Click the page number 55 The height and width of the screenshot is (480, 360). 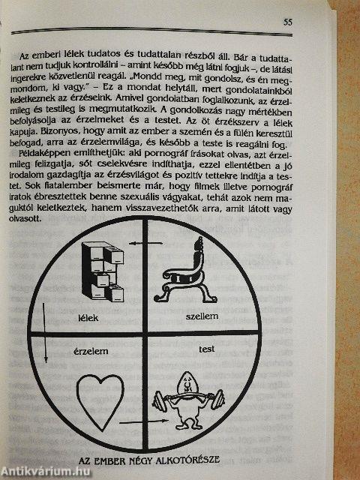coord(287,22)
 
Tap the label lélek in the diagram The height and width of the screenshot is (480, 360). coord(88,318)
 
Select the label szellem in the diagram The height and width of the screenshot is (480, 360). coord(202,316)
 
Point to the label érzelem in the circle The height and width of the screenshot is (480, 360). coord(91,351)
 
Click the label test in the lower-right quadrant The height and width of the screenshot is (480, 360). coord(207,349)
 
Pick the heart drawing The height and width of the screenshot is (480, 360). coord(100,401)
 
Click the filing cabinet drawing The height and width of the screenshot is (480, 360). coord(103,271)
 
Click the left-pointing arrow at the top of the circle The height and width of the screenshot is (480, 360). coord(145,243)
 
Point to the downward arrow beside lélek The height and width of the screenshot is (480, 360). coord(45,333)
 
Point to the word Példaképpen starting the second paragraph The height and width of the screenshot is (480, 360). coord(37,152)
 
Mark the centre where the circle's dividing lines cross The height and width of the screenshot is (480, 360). coord(145,334)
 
